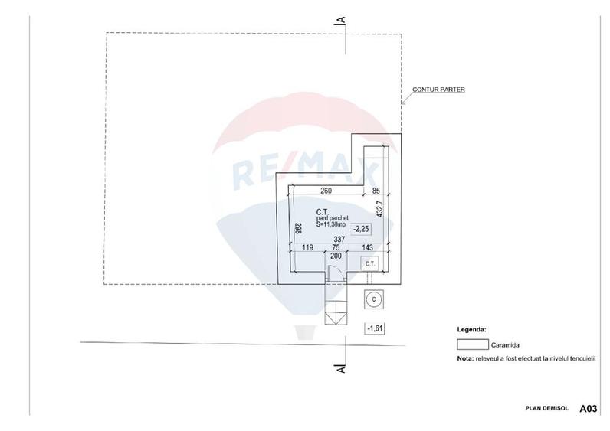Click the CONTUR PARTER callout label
click(x=438, y=90)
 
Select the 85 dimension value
click(x=376, y=191)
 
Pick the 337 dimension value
click(x=339, y=240)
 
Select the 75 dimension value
click(x=336, y=248)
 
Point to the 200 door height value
click(x=335, y=256)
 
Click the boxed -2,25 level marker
click(x=361, y=228)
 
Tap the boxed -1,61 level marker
click(x=376, y=328)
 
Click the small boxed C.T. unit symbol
click(x=370, y=264)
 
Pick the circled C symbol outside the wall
click(x=373, y=299)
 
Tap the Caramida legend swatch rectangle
click(x=472, y=345)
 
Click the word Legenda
click(x=471, y=328)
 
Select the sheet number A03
click(x=588, y=409)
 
